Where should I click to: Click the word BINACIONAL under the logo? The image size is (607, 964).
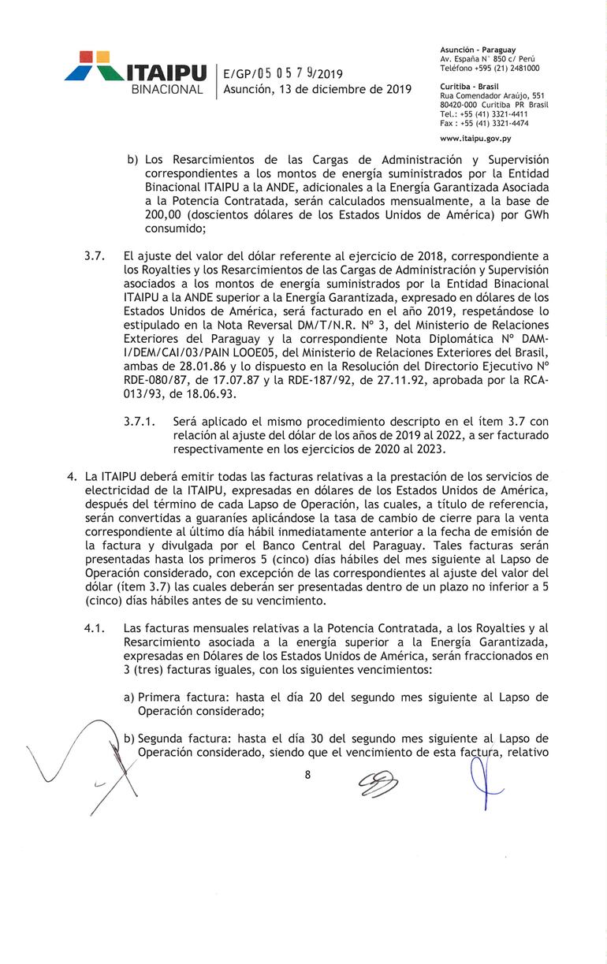coord(167,90)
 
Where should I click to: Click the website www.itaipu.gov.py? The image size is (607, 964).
coord(475,139)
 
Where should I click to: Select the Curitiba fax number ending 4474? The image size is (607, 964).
coord(484,123)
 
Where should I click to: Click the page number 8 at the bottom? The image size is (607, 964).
coord(307,775)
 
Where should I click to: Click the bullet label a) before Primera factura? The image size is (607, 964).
coord(130,698)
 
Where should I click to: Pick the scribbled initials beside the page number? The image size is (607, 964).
coord(378,783)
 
